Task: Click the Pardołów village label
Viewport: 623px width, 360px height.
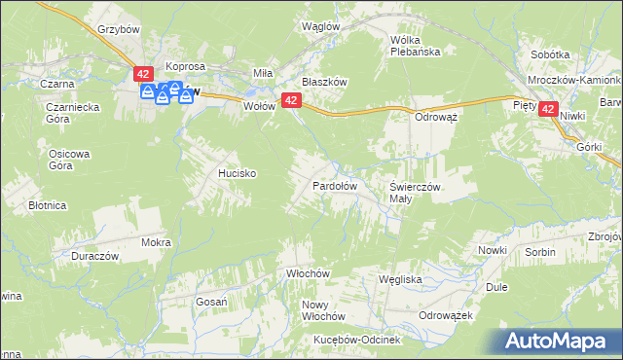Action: [335, 185]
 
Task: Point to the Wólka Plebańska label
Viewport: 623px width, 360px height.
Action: [416, 46]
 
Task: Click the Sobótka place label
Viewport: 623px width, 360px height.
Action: [550, 55]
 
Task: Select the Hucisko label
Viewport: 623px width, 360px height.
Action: [237, 173]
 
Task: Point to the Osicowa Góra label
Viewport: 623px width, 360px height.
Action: [69, 159]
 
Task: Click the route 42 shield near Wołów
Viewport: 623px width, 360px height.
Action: [290, 100]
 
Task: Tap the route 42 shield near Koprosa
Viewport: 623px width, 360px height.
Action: [144, 75]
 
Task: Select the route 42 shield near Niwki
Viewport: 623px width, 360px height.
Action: [548, 112]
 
